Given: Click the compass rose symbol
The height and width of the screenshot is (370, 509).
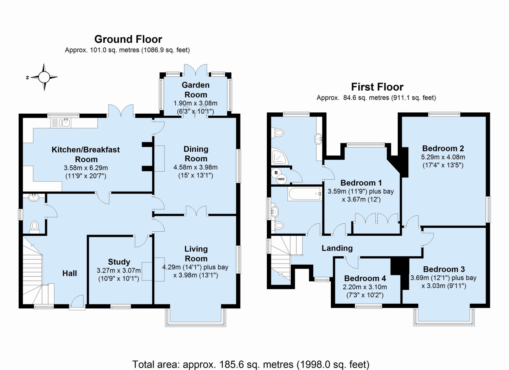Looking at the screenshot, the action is [44, 77].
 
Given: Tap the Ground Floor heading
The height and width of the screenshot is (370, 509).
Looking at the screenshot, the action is [128, 39].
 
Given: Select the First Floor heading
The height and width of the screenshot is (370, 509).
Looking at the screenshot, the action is [377, 87].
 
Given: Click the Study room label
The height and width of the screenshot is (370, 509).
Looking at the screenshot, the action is [119, 262].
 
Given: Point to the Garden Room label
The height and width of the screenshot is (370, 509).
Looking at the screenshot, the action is [196, 90].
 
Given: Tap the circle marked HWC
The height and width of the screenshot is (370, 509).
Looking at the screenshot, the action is [281, 179].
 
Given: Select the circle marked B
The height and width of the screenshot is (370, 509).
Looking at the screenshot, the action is [276, 172].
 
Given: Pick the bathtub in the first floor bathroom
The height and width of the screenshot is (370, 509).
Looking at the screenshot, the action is [305, 194].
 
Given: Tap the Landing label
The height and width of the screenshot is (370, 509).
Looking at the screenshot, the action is [337, 248].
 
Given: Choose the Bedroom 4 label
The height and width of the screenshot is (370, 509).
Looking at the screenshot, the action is [365, 278].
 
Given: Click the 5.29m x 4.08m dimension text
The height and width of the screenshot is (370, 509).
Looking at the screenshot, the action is [443, 157].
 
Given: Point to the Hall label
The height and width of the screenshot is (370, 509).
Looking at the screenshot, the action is [70, 273].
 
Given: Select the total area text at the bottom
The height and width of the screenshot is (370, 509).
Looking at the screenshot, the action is [251, 364].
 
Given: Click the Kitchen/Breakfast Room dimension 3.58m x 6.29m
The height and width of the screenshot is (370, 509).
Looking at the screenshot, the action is [86, 168].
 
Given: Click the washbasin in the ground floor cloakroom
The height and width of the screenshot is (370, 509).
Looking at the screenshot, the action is [34, 197].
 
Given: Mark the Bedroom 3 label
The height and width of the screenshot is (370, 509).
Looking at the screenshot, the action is [444, 269].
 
